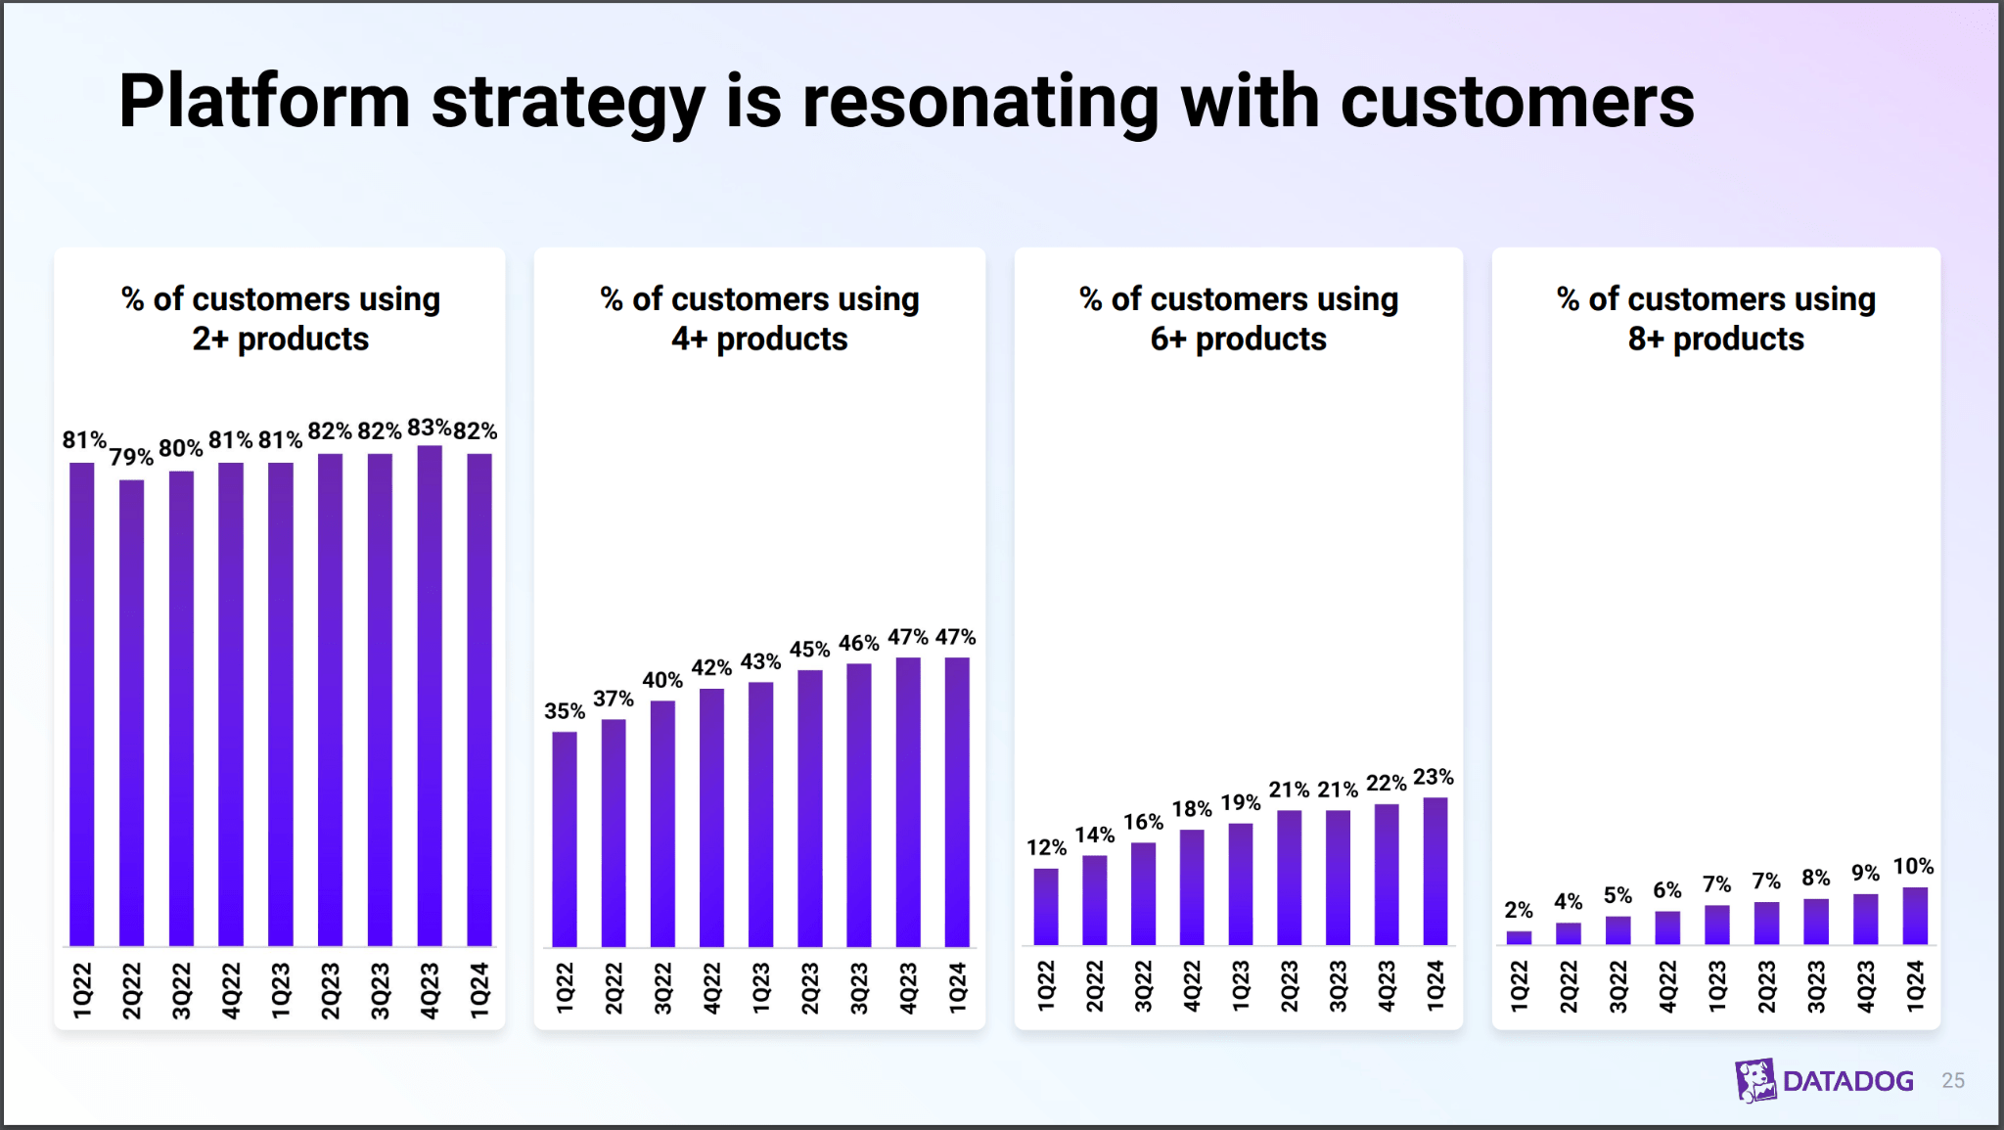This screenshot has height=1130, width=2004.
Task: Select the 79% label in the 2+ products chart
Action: (x=131, y=457)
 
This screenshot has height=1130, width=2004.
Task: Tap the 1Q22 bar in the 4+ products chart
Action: (x=565, y=838)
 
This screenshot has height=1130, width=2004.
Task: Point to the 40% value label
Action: (x=662, y=680)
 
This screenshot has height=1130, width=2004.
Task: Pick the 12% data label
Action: (x=1046, y=847)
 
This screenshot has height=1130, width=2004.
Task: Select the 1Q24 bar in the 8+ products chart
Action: (x=1915, y=916)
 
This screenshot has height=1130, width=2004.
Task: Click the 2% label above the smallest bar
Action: (x=1519, y=910)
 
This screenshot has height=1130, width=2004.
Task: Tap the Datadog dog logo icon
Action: (x=1755, y=1080)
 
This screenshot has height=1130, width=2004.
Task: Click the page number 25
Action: (x=1953, y=1080)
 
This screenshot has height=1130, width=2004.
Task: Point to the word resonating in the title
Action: (x=980, y=102)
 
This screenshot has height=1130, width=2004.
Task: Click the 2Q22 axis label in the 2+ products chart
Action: (x=132, y=990)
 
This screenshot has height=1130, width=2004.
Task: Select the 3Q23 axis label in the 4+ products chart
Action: (x=859, y=988)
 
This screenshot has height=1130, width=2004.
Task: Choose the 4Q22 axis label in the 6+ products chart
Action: (x=1192, y=986)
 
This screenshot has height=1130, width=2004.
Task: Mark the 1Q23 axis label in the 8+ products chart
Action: (x=1717, y=986)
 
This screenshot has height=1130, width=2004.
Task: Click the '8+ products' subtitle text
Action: (x=1715, y=339)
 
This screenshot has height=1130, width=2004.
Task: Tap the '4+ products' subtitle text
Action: (x=759, y=339)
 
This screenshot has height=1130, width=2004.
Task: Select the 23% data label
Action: (x=1434, y=777)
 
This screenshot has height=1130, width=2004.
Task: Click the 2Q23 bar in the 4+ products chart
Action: (x=810, y=808)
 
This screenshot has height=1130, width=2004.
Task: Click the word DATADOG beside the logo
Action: (x=1847, y=1081)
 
